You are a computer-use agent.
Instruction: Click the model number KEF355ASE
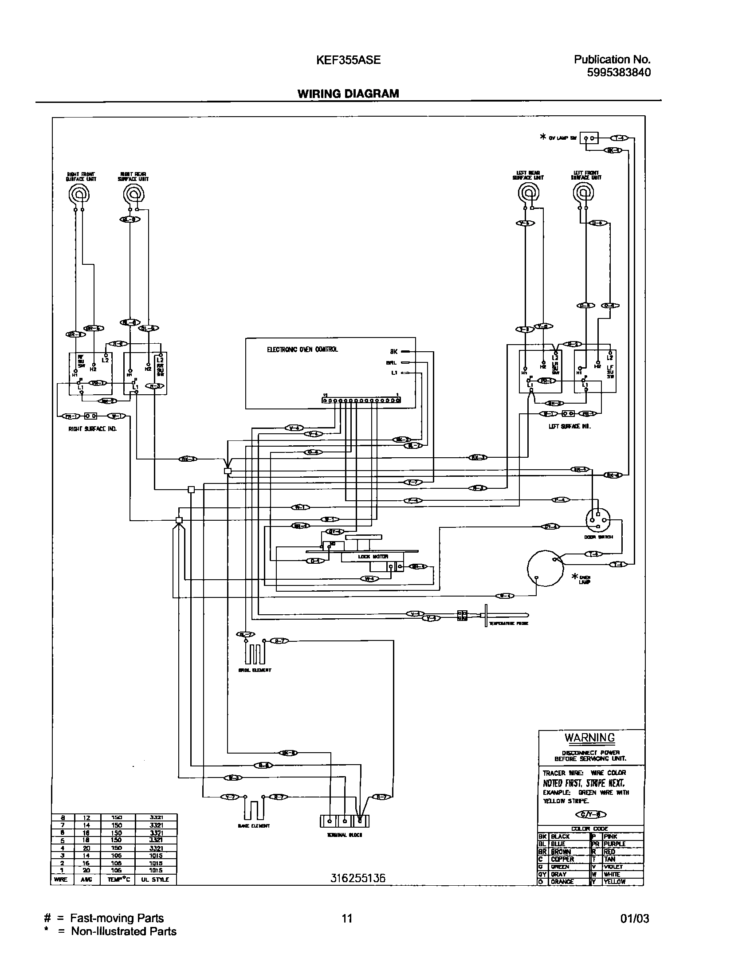(348, 60)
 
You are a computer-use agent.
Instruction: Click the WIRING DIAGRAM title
(348, 94)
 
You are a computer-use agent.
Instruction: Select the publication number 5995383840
(619, 72)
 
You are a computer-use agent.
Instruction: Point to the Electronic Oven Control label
(302, 349)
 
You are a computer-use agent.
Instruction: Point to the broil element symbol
(255, 653)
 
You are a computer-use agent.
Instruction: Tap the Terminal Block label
(344, 835)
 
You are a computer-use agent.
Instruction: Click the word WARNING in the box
(589, 738)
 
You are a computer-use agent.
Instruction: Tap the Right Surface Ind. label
(92, 429)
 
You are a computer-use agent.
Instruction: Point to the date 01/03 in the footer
(635, 919)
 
